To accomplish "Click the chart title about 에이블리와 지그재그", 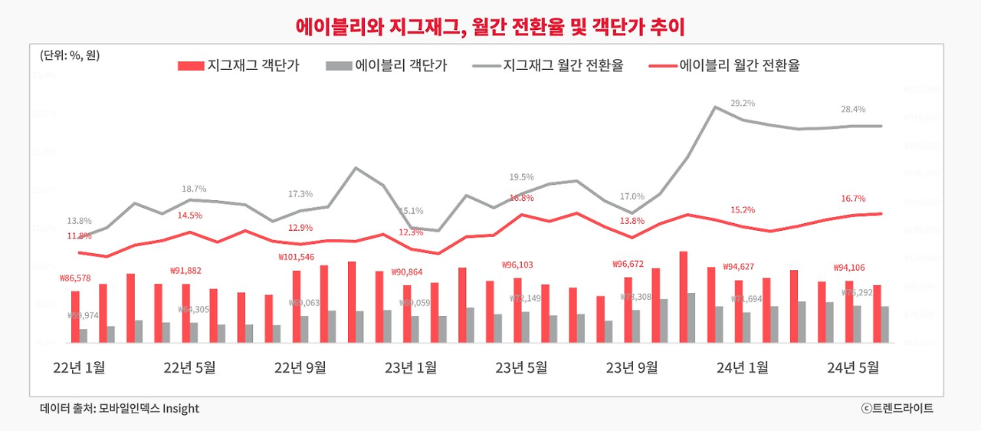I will point(490,26).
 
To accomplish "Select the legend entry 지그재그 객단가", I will point(238,66).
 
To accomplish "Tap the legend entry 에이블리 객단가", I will point(386,66).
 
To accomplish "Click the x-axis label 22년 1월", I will point(80,367).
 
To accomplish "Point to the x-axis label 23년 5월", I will point(521,367).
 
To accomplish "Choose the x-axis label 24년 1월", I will point(742,367).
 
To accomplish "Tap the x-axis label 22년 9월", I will point(300,367).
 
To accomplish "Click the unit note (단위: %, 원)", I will point(70,55).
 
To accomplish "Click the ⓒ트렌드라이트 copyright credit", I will point(897,409).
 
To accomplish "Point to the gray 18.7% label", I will point(194,189).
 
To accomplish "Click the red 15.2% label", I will point(743,209).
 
